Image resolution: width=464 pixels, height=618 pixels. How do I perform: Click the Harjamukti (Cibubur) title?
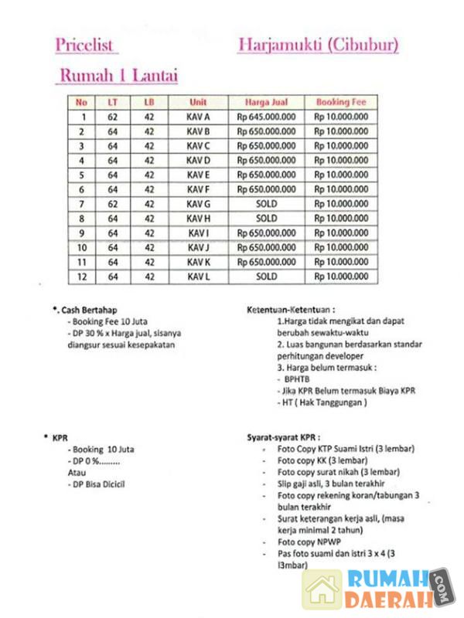(318, 45)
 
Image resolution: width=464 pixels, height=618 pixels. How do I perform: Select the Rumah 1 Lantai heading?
(118, 76)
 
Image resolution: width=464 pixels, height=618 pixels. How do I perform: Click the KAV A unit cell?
(198, 117)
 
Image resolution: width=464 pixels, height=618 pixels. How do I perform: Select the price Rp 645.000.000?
(266, 117)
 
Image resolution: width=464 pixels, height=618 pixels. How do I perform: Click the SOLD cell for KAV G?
(266, 204)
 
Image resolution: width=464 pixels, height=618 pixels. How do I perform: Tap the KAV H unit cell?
(198, 219)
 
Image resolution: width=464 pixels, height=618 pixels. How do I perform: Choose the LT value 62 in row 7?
(113, 204)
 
